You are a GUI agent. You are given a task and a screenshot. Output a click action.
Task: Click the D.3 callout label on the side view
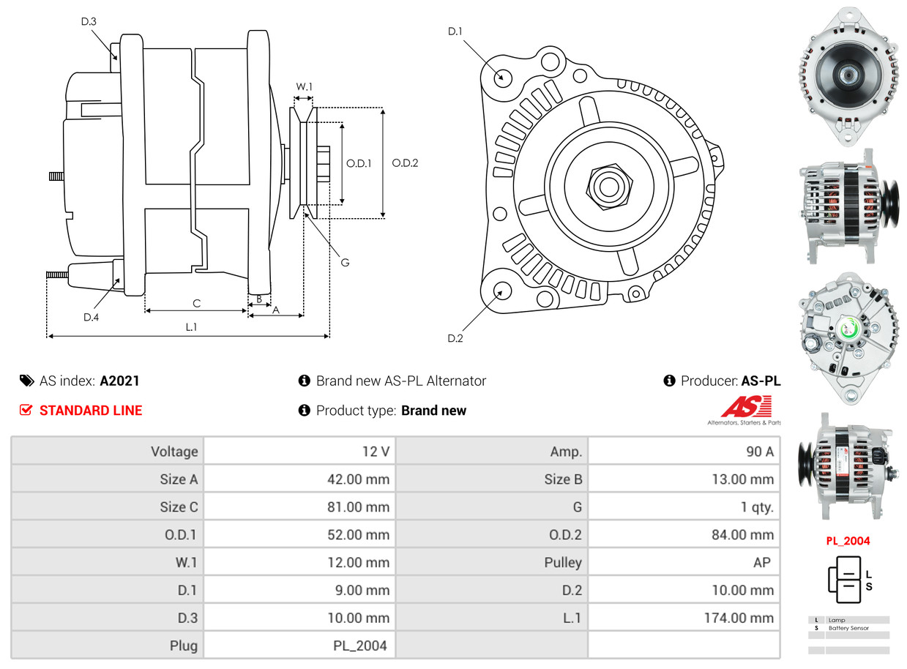pos(89,22)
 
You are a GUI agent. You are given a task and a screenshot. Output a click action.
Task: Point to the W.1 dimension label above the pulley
pos(304,86)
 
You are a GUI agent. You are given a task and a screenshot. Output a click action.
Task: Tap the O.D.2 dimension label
pos(405,163)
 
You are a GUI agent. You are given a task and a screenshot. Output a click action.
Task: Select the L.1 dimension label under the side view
pos(190,327)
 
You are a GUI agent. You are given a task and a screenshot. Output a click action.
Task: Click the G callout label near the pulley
pos(345,261)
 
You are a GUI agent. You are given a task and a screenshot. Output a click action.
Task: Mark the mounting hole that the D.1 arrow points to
pos(502,77)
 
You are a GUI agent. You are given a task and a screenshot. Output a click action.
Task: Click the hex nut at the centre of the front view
pos(607,185)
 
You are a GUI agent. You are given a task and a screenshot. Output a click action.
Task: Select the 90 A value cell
pos(759,452)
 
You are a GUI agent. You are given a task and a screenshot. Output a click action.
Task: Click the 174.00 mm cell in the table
pos(740,618)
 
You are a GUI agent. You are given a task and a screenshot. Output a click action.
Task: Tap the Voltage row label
pos(174,452)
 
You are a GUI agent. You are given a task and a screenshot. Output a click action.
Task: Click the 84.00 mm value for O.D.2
pos(742,535)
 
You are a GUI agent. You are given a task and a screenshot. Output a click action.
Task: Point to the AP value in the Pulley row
pos(761,563)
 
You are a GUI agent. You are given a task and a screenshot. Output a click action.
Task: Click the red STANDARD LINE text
pos(91,411)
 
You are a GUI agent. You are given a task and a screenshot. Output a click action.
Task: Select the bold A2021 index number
pos(119,381)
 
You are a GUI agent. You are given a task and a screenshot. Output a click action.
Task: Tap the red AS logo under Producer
pos(746,407)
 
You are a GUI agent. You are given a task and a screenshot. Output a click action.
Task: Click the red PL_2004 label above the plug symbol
pos(848,542)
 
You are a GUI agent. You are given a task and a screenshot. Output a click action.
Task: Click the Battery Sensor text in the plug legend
pos(849,628)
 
